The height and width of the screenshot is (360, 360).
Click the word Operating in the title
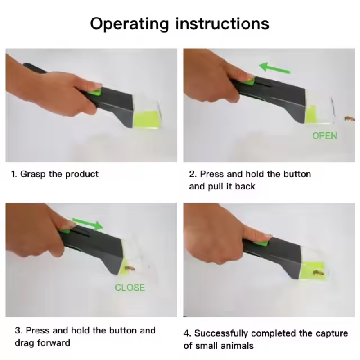pyautogui.click(x=130, y=24)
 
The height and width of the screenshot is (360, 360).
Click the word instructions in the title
pyautogui.click(x=222, y=23)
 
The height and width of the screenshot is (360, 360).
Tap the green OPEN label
pyautogui.click(x=324, y=136)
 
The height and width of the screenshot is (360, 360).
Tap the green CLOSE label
pyautogui.click(x=130, y=288)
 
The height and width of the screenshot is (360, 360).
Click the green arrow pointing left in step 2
pyautogui.click(x=274, y=68)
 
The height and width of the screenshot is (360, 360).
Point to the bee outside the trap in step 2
pyautogui.click(x=349, y=119)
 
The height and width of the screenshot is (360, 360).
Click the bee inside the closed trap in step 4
pyautogui.click(x=319, y=273)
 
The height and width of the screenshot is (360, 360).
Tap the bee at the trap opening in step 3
pyautogui.click(x=130, y=268)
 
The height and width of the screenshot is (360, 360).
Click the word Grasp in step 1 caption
pyautogui.click(x=33, y=174)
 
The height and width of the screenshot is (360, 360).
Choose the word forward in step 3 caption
pyautogui.click(x=54, y=343)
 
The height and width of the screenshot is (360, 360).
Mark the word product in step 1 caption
pyautogui.click(x=82, y=175)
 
